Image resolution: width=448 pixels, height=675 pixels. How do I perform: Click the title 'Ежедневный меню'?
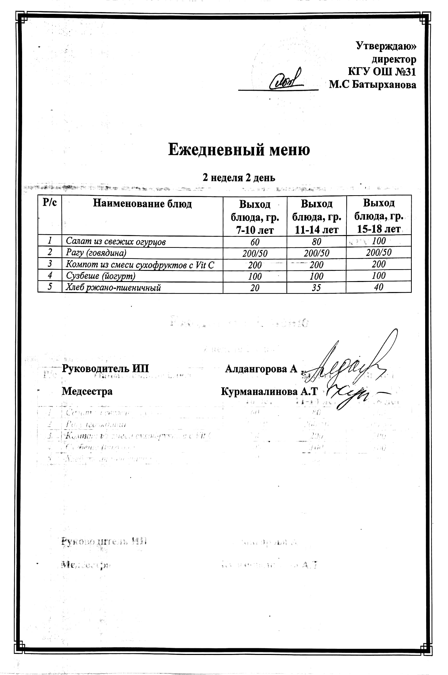pyautogui.click(x=239, y=150)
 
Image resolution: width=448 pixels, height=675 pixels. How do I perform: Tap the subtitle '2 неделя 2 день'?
pyautogui.click(x=239, y=178)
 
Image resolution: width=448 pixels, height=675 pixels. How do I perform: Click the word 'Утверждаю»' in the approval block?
pyautogui.click(x=386, y=46)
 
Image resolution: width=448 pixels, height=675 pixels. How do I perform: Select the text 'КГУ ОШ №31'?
pyautogui.click(x=382, y=71)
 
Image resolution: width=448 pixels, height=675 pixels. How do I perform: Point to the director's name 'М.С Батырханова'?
pyautogui.click(x=372, y=85)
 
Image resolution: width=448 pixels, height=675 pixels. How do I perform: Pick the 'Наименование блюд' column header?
pyautogui.click(x=142, y=204)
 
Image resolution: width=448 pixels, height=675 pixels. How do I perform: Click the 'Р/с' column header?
pyautogui.click(x=50, y=203)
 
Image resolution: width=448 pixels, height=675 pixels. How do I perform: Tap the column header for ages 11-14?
pyautogui.click(x=316, y=217)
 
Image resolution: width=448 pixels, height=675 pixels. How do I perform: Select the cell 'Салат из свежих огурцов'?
pyautogui.click(x=116, y=242)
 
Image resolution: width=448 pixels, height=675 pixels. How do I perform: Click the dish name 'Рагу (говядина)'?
pyautogui.click(x=96, y=253)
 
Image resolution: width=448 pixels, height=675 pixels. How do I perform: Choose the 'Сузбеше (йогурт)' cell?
pyautogui.click(x=101, y=276)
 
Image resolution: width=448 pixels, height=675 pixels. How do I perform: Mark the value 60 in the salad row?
pyautogui.click(x=255, y=242)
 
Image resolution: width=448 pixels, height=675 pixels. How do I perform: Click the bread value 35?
pyautogui.click(x=316, y=287)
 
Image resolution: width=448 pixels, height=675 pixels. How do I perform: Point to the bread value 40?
pyautogui.click(x=379, y=287)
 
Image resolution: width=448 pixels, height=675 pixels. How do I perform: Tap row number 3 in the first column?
pyautogui.click(x=50, y=264)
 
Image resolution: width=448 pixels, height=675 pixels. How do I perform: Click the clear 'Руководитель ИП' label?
pyautogui.click(x=105, y=369)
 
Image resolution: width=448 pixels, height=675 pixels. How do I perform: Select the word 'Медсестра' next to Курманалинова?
pyautogui.click(x=87, y=391)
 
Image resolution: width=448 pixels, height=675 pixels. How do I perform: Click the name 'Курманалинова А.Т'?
pyautogui.click(x=269, y=392)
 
